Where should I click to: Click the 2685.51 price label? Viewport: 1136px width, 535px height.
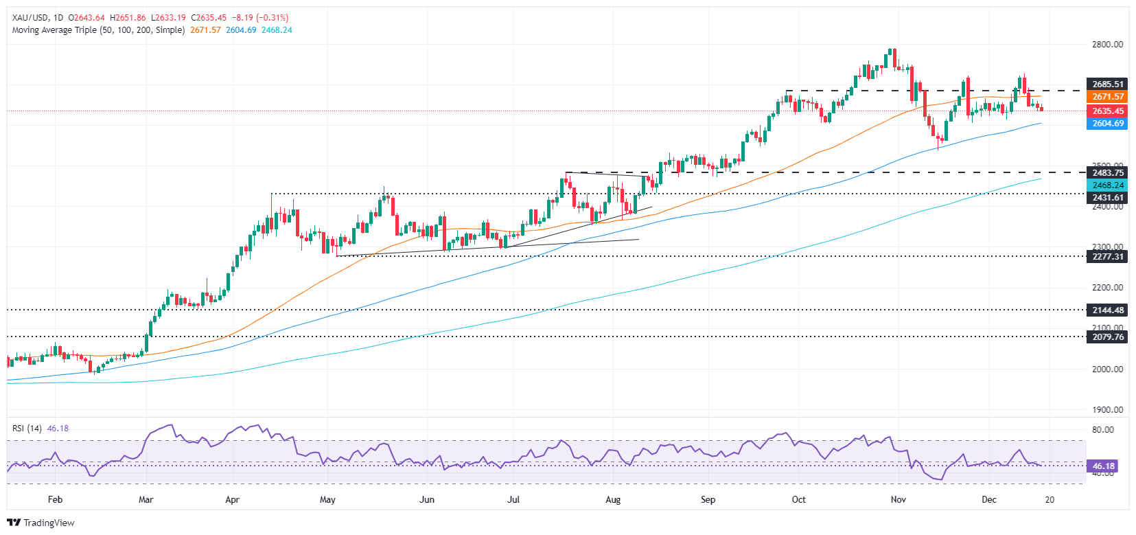coord(1107,84)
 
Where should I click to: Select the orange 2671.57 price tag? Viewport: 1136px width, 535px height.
coord(1107,98)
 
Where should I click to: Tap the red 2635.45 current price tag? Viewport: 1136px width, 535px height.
coord(1107,111)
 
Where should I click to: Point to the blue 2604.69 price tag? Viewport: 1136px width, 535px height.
coord(1107,124)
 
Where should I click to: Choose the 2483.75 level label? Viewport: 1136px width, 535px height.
coord(1107,173)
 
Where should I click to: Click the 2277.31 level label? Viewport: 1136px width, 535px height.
coord(1107,257)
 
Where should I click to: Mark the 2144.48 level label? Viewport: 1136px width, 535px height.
coord(1107,310)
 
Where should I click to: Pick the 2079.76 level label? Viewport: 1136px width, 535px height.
coord(1107,337)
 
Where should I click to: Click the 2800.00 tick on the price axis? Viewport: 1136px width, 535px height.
coord(1107,45)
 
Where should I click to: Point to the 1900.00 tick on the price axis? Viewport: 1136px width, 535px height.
coord(1107,410)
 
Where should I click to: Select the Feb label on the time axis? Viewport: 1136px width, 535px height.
coord(55,499)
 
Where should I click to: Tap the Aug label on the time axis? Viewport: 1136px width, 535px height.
coord(613,499)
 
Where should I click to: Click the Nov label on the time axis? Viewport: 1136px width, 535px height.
coord(898,499)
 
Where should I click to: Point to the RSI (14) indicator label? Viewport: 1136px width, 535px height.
coord(27,429)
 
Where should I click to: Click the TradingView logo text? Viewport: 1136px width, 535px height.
coord(48,523)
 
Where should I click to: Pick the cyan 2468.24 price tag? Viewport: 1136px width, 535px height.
coord(1107,185)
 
